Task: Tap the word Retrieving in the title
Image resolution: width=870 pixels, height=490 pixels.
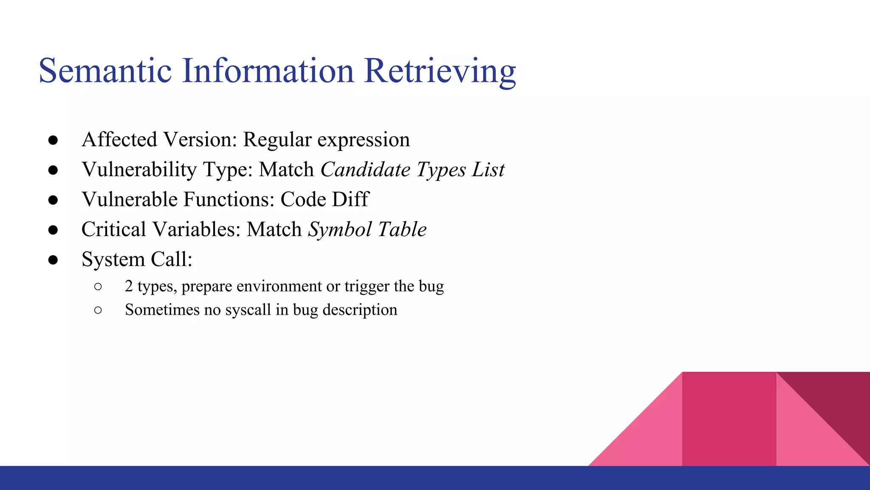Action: [440, 71]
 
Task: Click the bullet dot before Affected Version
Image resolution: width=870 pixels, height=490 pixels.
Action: [53, 140]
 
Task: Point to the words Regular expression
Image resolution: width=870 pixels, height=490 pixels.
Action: [326, 140]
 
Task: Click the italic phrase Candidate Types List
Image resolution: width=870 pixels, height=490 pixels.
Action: [412, 170]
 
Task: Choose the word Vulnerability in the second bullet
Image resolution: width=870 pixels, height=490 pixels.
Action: [139, 170]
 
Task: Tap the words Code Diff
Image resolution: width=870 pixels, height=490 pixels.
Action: [325, 199]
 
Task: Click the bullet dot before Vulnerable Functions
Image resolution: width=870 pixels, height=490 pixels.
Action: [53, 200]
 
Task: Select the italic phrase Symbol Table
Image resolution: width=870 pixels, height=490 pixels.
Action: [367, 230]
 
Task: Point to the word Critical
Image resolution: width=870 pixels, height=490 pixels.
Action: [114, 230]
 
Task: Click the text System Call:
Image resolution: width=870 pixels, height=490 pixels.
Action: [137, 259]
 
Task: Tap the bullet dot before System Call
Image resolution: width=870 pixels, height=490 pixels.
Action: [53, 260]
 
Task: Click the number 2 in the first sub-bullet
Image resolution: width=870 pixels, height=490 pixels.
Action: [129, 286]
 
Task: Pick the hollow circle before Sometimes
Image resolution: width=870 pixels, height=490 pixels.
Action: [98, 310]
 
